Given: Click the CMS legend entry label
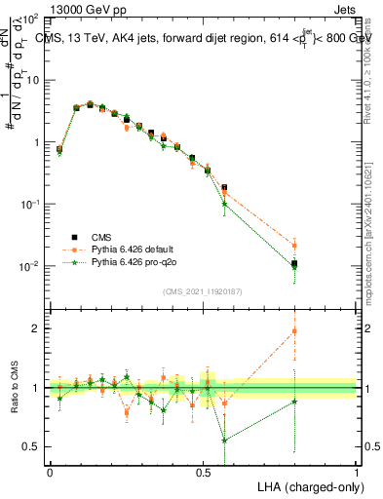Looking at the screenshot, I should click(102, 236).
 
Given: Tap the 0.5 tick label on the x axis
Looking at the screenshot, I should click(203, 472).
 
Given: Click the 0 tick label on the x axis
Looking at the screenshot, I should click(50, 472).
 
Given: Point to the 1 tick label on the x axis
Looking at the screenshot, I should click(357, 472).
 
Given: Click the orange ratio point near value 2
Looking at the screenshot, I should click(295, 331).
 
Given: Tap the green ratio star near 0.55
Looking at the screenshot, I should click(225, 440).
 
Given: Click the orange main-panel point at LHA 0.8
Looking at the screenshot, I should click(295, 245).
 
